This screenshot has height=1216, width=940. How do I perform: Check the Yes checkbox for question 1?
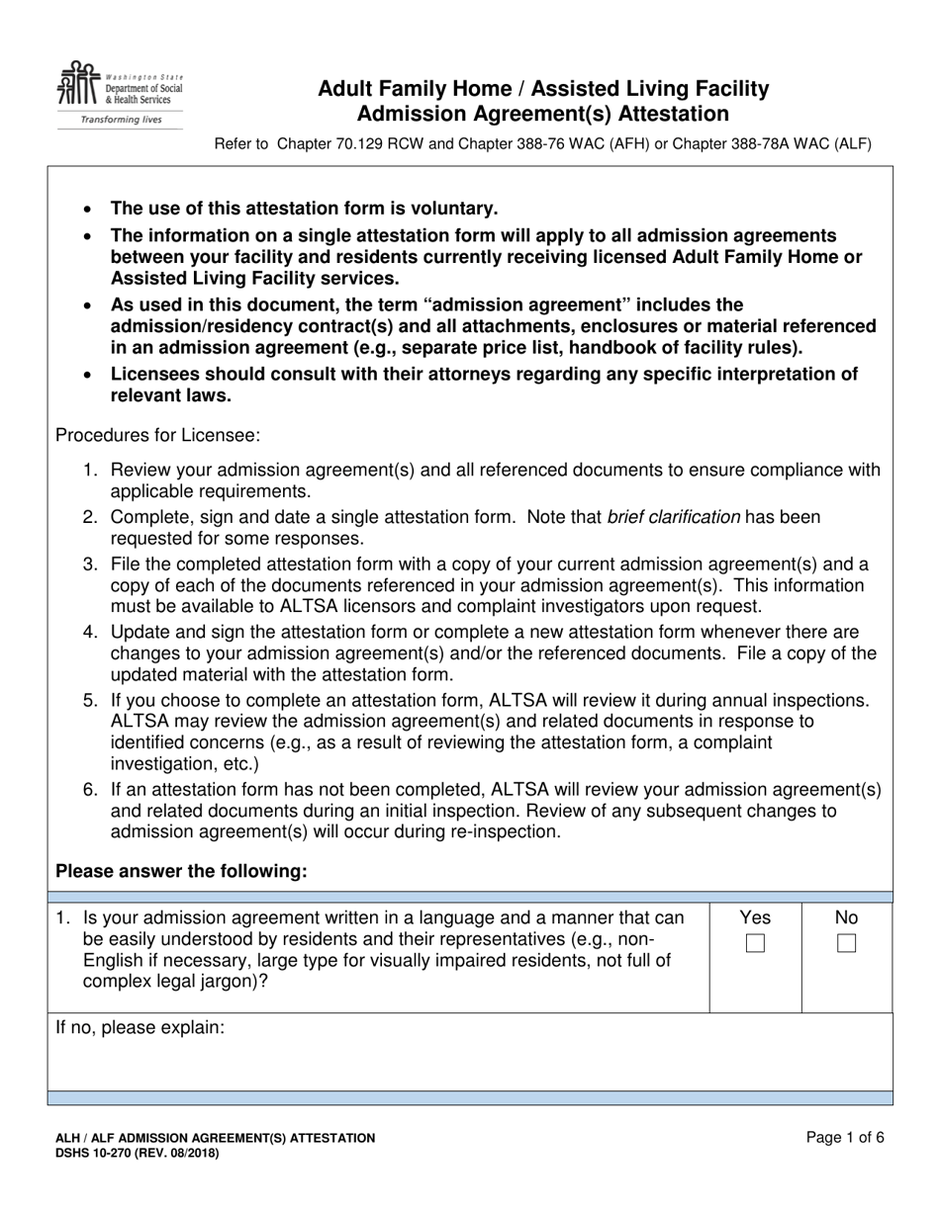755,943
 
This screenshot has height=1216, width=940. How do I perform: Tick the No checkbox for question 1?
846,943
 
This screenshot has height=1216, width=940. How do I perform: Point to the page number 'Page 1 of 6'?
845,1137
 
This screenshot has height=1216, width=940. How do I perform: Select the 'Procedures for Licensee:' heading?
157,435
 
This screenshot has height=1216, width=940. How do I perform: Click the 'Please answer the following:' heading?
181,871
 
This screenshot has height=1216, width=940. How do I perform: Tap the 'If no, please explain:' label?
141,1027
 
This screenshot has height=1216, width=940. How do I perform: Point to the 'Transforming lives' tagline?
120,120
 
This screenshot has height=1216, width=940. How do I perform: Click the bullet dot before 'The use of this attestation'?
89,210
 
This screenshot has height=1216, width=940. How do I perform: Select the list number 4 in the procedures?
89,632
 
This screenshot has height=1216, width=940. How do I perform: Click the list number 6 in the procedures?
89,790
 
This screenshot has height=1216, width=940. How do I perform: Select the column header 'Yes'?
755,917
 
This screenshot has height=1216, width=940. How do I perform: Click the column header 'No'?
846,917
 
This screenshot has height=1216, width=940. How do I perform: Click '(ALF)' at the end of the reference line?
852,144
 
